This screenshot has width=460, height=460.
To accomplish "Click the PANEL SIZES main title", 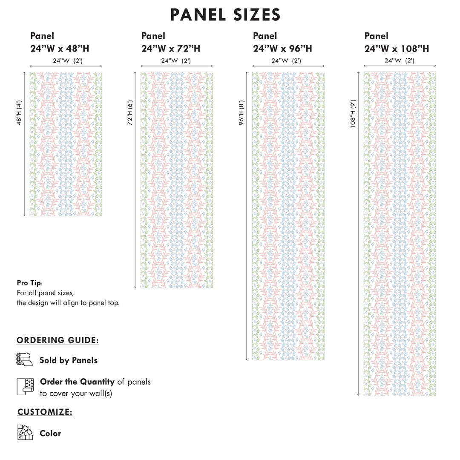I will coord(225,15).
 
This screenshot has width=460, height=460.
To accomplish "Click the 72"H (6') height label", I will coord(130,113).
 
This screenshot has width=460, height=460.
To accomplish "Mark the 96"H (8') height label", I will coord(241,113).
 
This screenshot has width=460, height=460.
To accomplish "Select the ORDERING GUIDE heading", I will coord(57,340).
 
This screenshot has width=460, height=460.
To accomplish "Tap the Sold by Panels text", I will coord(69,360).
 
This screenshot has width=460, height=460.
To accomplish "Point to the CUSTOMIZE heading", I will coord(45,412).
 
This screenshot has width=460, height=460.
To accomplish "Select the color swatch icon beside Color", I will coord(25,432).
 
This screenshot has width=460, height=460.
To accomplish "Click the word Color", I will coord(50,433).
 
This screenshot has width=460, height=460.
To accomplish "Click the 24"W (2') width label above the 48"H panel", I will coord(67,60).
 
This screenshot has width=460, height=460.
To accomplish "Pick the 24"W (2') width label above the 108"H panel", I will coord(399,60).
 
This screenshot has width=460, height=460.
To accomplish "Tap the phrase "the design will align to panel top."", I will coord(68,303).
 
